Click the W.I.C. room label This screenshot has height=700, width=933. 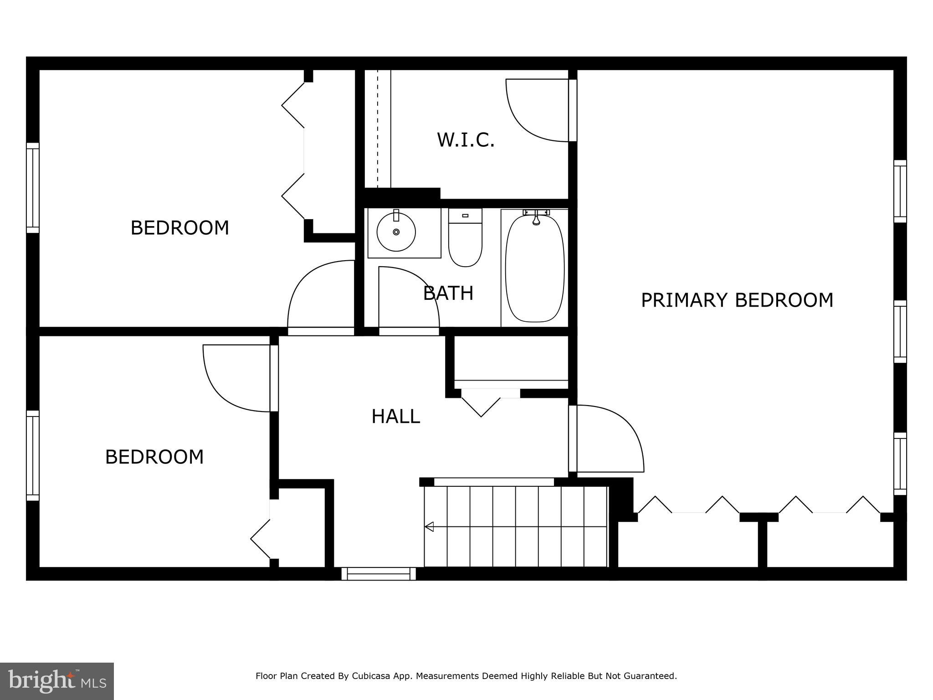(466, 140)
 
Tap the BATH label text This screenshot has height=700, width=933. (448, 293)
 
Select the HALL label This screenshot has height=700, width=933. (395, 416)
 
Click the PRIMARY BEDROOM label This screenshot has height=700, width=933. (737, 300)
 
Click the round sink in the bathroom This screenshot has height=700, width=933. (396, 232)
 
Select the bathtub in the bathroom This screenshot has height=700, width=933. (535, 269)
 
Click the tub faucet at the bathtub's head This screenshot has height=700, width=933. (536, 217)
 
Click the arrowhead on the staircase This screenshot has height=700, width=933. (429, 527)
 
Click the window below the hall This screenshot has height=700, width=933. (379, 573)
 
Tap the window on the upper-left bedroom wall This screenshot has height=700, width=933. (32, 188)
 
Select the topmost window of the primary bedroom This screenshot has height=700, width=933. (900, 191)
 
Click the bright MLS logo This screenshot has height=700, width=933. (57, 681)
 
